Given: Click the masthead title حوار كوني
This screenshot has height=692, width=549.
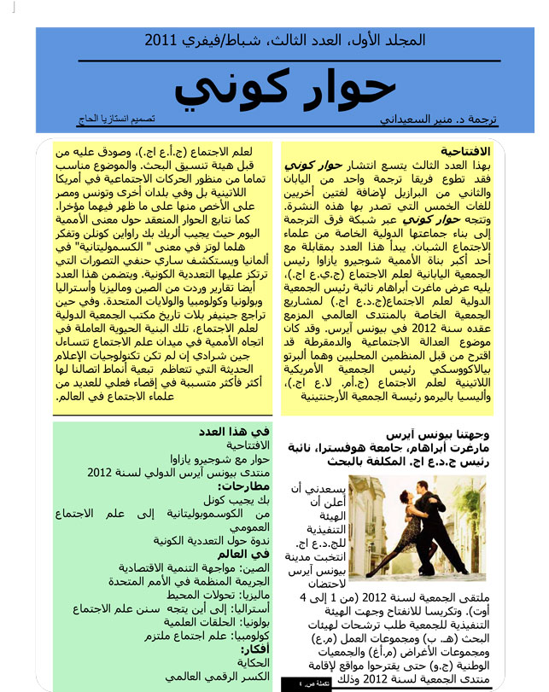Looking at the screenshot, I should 287,88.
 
